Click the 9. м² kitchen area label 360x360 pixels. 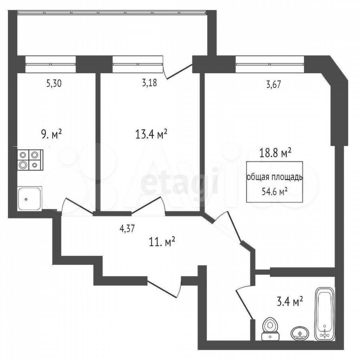[x=51, y=134]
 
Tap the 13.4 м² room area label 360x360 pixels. [x=151, y=134]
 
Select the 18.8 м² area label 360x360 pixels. [x=275, y=153]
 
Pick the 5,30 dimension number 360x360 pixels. [x=54, y=84]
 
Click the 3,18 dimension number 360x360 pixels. [x=150, y=83]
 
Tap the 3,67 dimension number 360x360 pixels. [x=273, y=85]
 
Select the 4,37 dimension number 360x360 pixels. [x=127, y=229]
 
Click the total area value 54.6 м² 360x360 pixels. [x=275, y=191]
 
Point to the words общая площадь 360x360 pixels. [x=274, y=177]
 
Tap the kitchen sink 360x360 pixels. [x=30, y=198]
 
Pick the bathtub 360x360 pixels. [x=325, y=313]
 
